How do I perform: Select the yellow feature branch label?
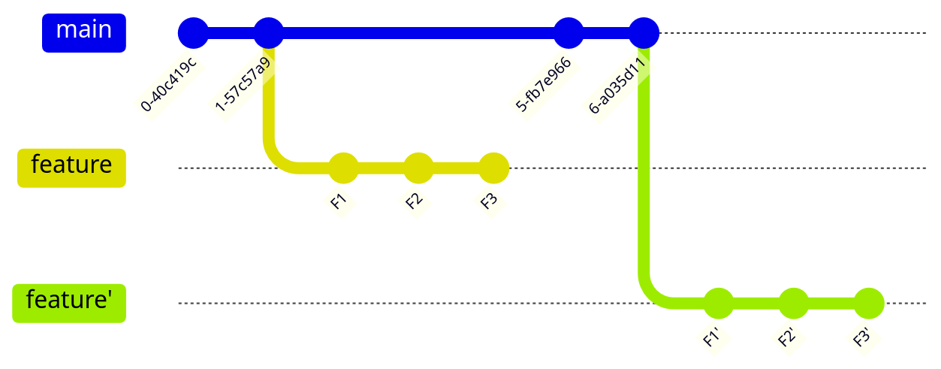(x=71, y=167)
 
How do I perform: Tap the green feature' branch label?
(x=69, y=302)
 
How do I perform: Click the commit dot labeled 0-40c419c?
(x=193, y=33)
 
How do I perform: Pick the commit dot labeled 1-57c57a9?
(x=268, y=33)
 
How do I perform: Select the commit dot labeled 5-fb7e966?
(x=569, y=33)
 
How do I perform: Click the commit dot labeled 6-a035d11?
(x=644, y=33)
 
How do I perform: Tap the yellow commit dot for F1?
(x=343, y=168)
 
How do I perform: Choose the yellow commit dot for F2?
(x=418, y=168)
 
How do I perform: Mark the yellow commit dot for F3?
(x=493, y=168)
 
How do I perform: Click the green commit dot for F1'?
(x=719, y=304)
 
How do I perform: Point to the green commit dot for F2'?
(x=794, y=304)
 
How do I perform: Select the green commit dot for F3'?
(x=869, y=304)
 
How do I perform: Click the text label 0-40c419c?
(x=168, y=84)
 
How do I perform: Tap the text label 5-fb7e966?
(x=544, y=84)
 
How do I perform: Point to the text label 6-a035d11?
(x=618, y=84)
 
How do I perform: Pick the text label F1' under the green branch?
(x=712, y=337)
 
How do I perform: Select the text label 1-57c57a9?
(x=243, y=84)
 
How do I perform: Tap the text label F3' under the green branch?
(x=862, y=337)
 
